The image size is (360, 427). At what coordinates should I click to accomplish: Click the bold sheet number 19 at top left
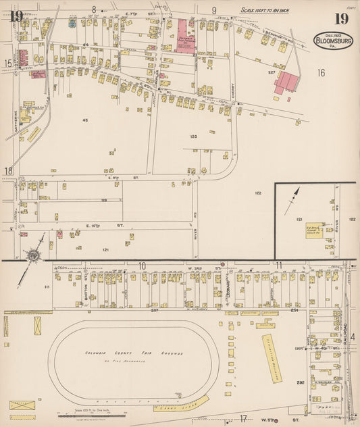[x=16, y=16]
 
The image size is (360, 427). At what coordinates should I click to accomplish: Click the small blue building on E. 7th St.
[x=72, y=23]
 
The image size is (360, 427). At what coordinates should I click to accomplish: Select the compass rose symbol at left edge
[x=32, y=255]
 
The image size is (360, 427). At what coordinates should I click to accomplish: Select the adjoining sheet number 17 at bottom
[x=242, y=419]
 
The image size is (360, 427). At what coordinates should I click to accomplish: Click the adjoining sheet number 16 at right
[x=322, y=72]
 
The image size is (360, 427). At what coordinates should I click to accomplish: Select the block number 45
[x=84, y=120]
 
